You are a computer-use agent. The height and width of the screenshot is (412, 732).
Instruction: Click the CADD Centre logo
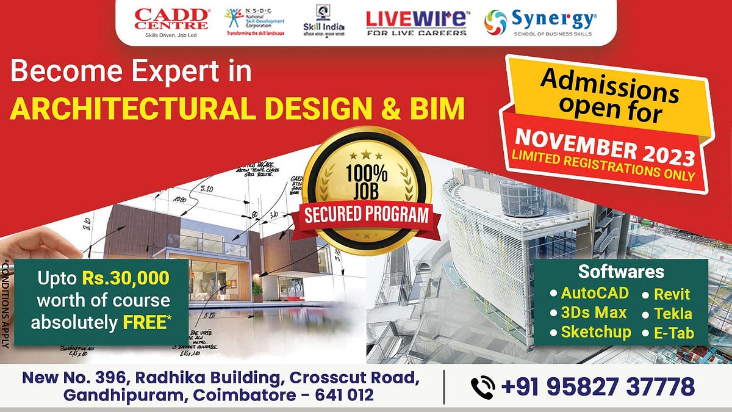[x=171, y=22]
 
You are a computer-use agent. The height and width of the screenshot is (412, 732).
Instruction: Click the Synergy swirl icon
[x=496, y=23]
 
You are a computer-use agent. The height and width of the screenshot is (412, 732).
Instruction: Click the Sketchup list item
[x=596, y=332]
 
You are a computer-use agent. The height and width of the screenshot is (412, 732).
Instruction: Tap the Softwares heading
[x=621, y=272]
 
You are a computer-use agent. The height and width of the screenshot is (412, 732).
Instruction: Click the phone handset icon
[x=483, y=387]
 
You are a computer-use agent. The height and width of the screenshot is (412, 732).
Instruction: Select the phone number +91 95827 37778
[x=598, y=387]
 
